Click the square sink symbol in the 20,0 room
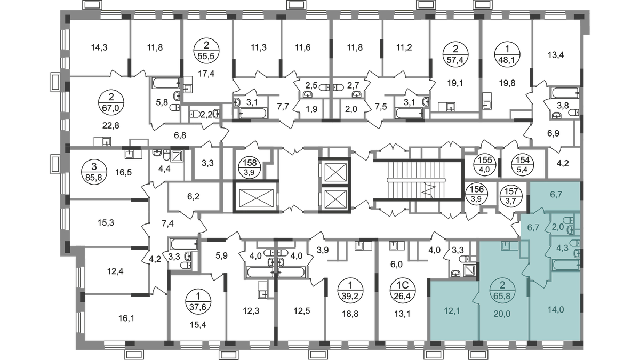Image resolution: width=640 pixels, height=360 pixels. (505, 245)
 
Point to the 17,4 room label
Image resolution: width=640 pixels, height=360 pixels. (205, 72)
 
